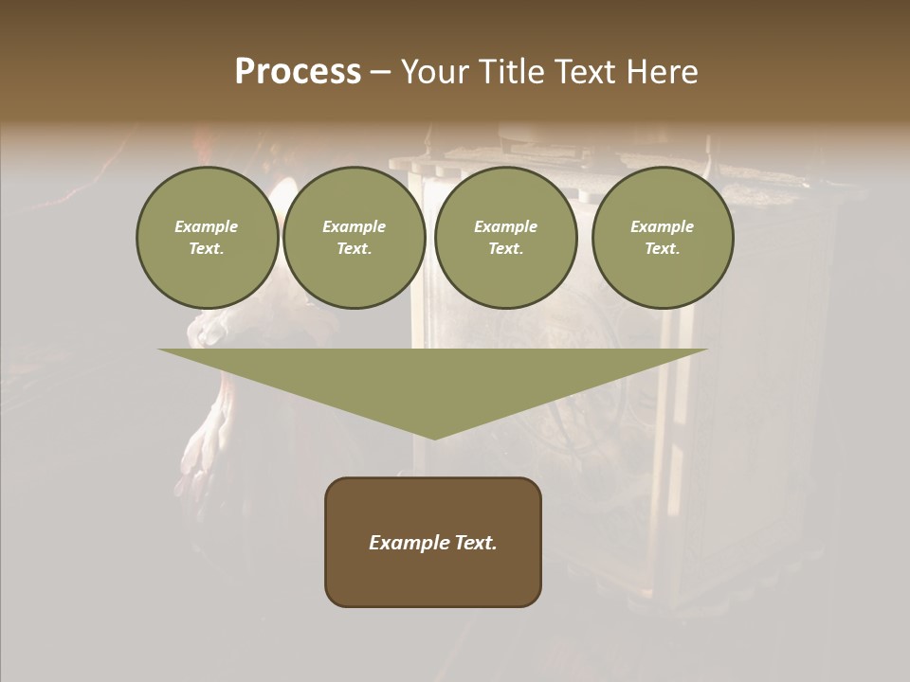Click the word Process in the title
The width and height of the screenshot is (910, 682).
(x=298, y=72)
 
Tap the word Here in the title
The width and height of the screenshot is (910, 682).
(x=661, y=72)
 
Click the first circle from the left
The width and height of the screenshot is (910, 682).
(x=207, y=237)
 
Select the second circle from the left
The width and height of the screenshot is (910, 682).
(x=354, y=237)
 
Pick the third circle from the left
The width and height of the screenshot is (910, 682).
(x=505, y=237)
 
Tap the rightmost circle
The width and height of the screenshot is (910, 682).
(x=662, y=237)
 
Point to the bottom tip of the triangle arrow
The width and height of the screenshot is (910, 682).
(x=434, y=439)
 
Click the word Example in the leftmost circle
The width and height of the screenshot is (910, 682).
(x=207, y=226)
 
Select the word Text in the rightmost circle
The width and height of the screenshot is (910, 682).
(x=662, y=249)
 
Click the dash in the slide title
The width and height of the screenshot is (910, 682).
(x=380, y=72)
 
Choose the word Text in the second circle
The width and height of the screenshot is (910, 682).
(x=354, y=249)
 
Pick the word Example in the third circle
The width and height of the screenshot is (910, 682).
(x=505, y=226)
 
